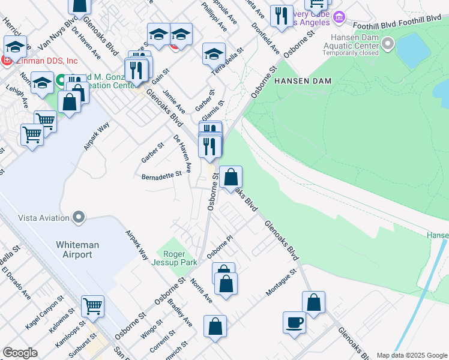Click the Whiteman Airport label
click(74, 250)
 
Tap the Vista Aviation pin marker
click(78, 217)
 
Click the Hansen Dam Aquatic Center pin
click(388, 43)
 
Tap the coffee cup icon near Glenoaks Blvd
click(294, 322)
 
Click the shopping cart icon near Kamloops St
click(92, 306)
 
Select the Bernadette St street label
click(161, 176)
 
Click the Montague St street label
click(282, 282)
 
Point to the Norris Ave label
click(202, 290)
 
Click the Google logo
click(20, 353)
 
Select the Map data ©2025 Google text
click(411, 355)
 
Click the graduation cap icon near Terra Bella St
click(214, 54)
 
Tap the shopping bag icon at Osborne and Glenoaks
click(231, 177)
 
